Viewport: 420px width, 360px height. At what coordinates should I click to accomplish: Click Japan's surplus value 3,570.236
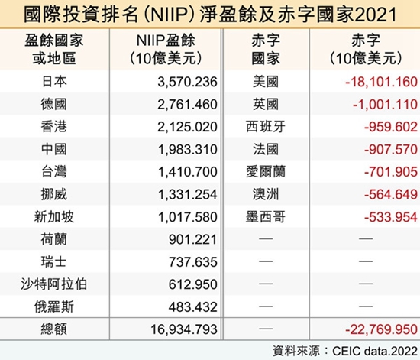click(187, 82)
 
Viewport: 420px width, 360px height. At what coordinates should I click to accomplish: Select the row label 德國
click(54, 104)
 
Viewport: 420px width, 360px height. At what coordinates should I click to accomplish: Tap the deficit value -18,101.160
click(381, 82)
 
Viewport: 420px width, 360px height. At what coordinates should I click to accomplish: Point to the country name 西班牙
click(266, 127)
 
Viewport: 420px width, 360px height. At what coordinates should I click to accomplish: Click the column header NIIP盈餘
click(166, 41)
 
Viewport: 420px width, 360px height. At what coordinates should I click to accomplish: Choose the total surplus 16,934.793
click(184, 329)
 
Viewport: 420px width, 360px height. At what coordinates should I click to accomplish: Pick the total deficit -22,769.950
click(381, 329)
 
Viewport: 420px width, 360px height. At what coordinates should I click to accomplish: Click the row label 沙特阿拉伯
click(54, 284)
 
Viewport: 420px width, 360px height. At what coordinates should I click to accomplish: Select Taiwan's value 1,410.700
click(188, 172)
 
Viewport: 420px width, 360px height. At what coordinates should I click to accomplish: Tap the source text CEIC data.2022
click(375, 351)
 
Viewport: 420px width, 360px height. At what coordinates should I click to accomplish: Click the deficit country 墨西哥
click(266, 217)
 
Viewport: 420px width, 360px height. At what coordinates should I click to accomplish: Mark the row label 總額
click(54, 329)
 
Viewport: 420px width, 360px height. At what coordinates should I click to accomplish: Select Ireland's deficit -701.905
click(391, 172)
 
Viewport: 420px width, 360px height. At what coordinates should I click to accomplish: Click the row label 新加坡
click(54, 217)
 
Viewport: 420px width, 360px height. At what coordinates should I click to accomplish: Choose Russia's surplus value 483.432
click(193, 307)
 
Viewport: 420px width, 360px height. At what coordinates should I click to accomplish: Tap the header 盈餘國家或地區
click(54, 50)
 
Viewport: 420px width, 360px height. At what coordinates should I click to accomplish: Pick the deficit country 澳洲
click(266, 194)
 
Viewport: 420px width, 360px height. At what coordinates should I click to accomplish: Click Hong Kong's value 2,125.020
click(187, 127)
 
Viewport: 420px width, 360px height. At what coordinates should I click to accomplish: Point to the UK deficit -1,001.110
click(385, 104)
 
